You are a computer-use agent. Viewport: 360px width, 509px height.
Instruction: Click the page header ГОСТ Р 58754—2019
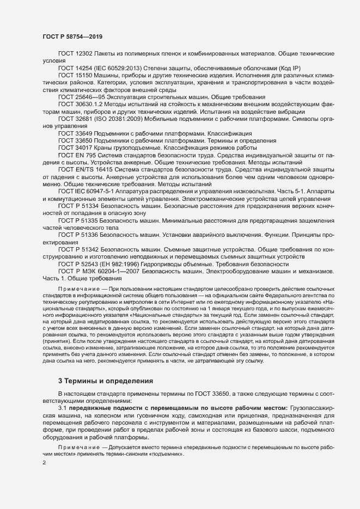point(71,36)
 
